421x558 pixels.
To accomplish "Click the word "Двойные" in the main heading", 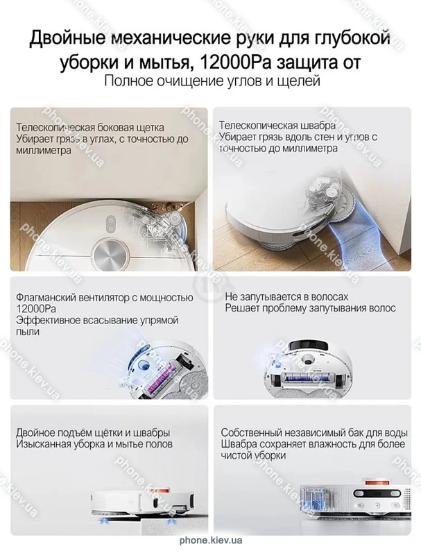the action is pyautogui.click(x=66, y=38).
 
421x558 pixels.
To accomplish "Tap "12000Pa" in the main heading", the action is pyautogui.click(x=236, y=62).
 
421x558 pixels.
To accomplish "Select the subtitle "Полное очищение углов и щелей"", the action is pyautogui.click(x=212, y=81).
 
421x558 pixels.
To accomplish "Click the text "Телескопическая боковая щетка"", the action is pyautogui.click(x=90, y=128).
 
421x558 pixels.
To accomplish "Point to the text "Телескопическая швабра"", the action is pyautogui.click(x=277, y=125).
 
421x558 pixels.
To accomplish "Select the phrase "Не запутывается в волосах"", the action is pyautogui.click(x=286, y=297).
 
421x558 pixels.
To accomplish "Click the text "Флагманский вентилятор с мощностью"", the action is pyautogui.click(x=105, y=298).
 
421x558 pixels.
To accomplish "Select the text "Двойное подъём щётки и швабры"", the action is pyautogui.click(x=93, y=433).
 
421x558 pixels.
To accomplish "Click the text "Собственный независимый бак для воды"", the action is pyautogui.click(x=314, y=433).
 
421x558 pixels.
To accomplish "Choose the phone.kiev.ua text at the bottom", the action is pyautogui.click(x=211, y=540).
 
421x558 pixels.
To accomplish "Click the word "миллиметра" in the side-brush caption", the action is pyautogui.click(x=44, y=150).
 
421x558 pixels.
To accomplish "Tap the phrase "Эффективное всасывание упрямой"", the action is pyautogui.click(x=97, y=320).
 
